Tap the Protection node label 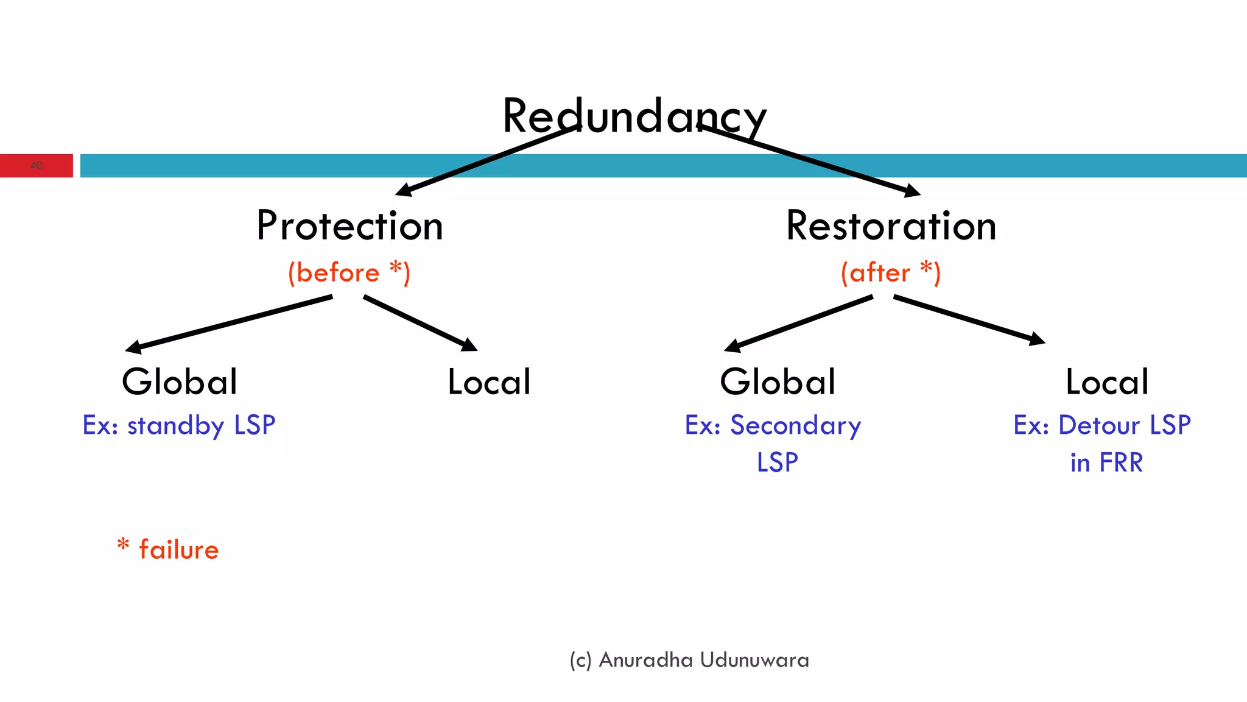(350, 226)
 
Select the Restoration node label (891, 226)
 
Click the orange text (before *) (349, 272)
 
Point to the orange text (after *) (890, 272)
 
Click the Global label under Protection (180, 382)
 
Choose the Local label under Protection (489, 382)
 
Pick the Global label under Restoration (778, 382)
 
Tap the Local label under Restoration (1107, 382)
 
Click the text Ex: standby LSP (179, 425)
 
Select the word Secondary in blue (795, 425)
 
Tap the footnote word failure (178, 550)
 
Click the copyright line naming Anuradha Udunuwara (689, 660)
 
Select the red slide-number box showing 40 (37, 165)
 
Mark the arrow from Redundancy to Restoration (810, 160)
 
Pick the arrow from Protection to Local (420, 323)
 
